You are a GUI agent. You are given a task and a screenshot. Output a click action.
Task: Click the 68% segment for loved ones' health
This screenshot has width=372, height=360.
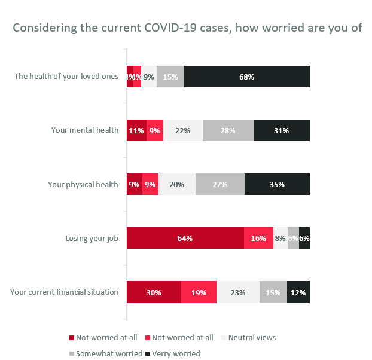[247, 77]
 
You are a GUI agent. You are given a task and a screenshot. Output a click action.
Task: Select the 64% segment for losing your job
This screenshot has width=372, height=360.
[185, 238]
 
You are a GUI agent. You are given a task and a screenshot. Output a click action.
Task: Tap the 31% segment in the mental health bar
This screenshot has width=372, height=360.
[282, 130]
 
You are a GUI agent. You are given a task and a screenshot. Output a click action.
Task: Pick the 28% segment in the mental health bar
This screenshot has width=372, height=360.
[228, 130]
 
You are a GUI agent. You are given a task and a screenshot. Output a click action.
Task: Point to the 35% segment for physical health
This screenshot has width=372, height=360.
[277, 184]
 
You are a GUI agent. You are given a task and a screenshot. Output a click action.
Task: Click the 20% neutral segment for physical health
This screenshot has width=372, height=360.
[177, 184]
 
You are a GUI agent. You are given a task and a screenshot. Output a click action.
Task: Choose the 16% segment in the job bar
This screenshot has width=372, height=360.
[258, 238]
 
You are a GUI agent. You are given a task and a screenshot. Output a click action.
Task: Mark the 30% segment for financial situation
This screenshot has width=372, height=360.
[154, 292]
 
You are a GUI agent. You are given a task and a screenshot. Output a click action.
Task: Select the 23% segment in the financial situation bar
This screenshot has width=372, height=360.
[237, 292]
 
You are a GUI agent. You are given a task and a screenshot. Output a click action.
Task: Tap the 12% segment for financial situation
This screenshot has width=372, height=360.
[298, 292]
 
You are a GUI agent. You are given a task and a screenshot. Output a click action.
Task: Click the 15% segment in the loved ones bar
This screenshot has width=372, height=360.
[170, 77]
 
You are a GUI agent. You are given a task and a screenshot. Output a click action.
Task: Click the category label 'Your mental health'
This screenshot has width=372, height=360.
[85, 130]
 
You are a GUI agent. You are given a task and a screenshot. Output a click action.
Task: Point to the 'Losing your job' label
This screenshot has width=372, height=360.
[92, 239]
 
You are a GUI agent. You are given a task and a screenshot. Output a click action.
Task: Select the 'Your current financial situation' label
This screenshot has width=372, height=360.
[64, 292]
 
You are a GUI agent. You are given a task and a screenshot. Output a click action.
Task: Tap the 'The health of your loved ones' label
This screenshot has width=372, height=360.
[66, 77]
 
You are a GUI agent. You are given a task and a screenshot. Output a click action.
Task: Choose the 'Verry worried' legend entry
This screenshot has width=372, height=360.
[175, 353]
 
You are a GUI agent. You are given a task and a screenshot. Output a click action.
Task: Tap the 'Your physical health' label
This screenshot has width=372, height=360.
[83, 184]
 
